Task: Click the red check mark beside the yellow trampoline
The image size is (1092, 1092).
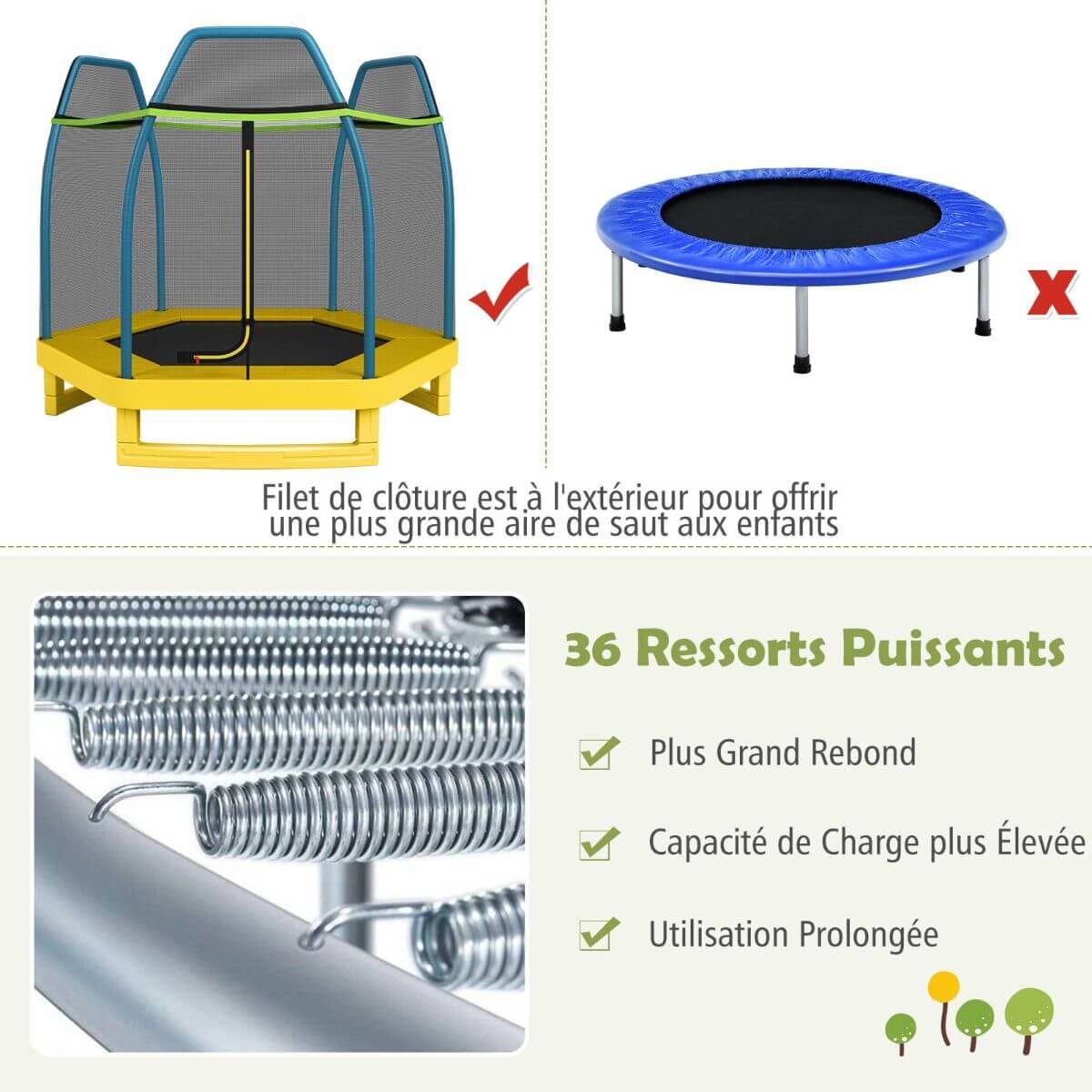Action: pos(500,293)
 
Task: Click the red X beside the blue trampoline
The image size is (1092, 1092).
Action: pos(1052,292)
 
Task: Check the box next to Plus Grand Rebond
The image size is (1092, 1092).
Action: pos(597,753)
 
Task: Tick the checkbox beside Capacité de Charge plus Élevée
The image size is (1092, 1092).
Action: pos(597,844)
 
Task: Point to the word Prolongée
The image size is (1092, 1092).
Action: pos(869,935)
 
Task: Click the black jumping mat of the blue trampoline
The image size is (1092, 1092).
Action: pos(800,213)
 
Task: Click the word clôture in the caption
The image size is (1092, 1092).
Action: pos(419,498)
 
